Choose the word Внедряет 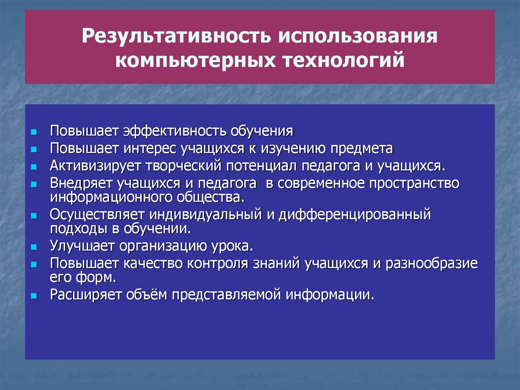click(x=81, y=183)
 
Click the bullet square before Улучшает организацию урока click(x=34, y=248)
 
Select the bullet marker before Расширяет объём click(x=34, y=295)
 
